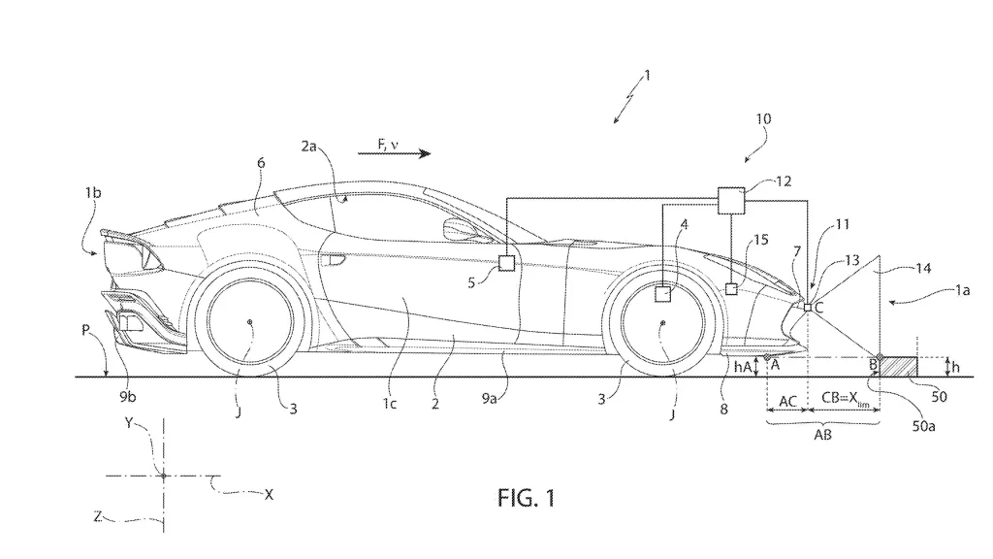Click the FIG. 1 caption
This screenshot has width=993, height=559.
click(x=527, y=498)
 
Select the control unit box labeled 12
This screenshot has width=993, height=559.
click(x=729, y=199)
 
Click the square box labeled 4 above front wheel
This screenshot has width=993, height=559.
click(x=663, y=293)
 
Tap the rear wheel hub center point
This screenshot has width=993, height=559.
click(x=249, y=322)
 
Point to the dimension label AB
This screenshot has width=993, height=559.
click(x=821, y=436)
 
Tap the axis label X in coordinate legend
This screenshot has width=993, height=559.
click(x=269, y=494)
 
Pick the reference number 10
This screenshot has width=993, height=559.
click(x=763, y=118)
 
